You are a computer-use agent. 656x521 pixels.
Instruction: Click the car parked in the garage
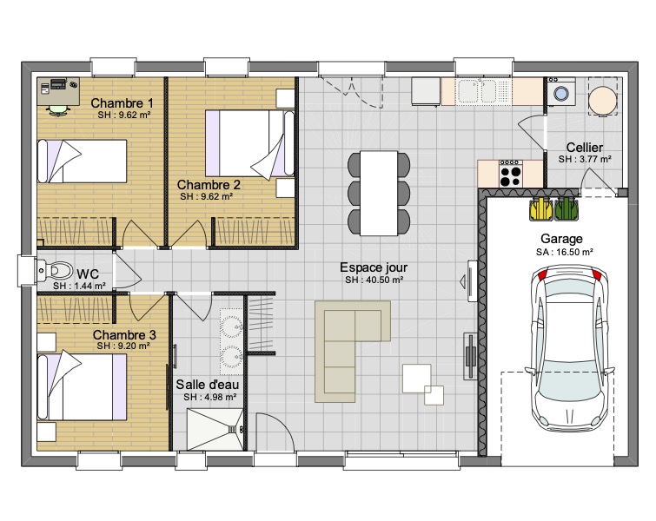point(570,348)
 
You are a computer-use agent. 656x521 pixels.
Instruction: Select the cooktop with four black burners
point(510,174)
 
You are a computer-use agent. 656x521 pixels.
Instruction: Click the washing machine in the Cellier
point(561,91)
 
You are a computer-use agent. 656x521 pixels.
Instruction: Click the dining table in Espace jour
point(379,193)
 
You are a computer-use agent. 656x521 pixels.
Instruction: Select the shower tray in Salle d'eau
point(215,430)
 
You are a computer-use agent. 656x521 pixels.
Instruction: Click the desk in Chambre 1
point(58,91)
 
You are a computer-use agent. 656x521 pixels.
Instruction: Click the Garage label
point(561,239)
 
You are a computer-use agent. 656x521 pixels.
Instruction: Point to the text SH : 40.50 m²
point(374,280)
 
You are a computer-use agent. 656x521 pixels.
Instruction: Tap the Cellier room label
point(585,148)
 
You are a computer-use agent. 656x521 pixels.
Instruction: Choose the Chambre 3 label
point(124,335)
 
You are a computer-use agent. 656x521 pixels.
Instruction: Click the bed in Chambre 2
point(249,143)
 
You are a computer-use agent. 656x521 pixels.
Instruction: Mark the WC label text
point(88,274)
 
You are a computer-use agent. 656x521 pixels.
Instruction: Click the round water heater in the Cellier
point(602,101)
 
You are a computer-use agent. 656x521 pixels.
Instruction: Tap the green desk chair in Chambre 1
point(57,110)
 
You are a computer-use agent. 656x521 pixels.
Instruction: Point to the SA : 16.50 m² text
point(565,252)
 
